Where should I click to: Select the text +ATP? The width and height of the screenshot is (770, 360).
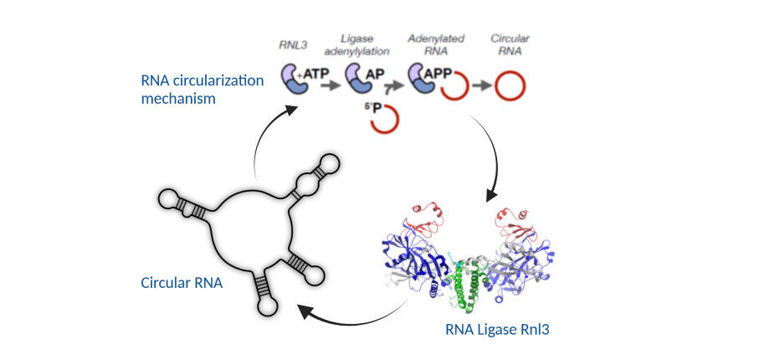coord(313,75)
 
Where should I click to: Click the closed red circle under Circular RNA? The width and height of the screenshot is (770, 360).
coord(511,85)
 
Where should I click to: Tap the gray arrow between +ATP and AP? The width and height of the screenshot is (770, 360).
coord(331,85)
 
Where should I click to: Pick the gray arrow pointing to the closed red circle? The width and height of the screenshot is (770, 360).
coord(480,85)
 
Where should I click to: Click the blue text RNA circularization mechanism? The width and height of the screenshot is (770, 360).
coord(203,90)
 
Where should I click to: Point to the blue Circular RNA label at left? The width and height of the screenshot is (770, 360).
coord(182,282)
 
